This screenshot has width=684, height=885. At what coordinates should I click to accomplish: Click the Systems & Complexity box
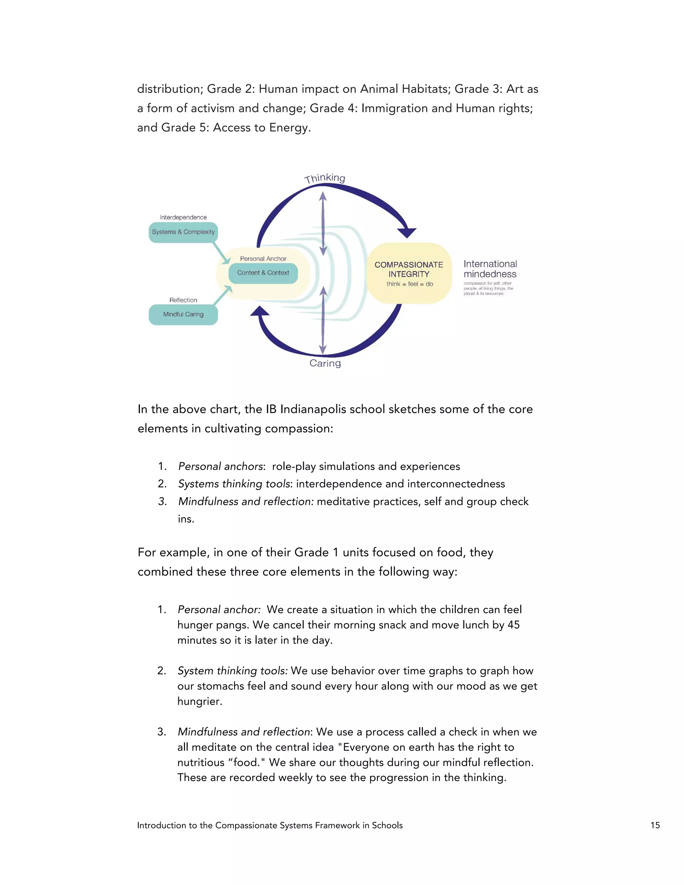click(183, 232)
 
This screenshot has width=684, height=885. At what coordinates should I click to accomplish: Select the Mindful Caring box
click(183, 315)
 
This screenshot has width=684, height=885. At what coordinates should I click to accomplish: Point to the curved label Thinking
click(325, 178)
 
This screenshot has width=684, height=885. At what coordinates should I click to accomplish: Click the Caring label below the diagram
click(325, 363)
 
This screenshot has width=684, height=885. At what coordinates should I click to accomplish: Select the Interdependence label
click(183, 218)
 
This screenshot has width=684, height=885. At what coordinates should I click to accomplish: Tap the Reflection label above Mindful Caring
click(183, 300)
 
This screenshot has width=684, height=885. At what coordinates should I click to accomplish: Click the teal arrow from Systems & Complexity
click(221, 253)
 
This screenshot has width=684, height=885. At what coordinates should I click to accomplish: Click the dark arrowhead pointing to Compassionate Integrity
click(406, 232)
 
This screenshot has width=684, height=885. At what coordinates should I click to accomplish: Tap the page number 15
click(655, 826)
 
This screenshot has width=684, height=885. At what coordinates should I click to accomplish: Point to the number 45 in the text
click(513, 625)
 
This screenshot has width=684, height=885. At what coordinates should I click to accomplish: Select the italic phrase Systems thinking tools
click(234, 484)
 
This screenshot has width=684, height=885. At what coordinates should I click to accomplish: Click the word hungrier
click(199, 701)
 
